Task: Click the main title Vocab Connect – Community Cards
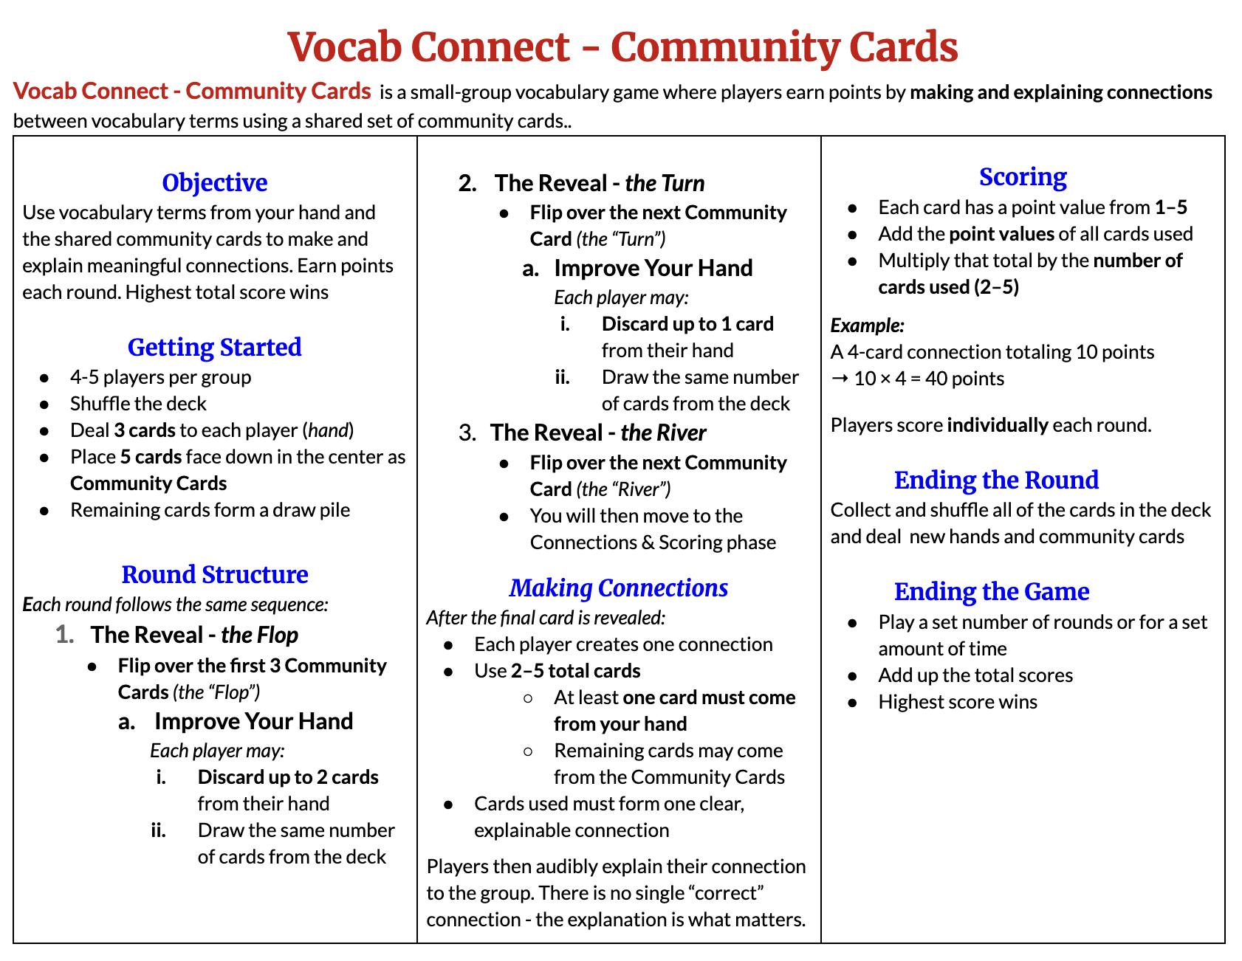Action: pyautogui.click(x=622, y=47)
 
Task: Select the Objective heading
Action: pyautogui.click(x=214, y=182)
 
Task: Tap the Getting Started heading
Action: pyautogui.click(x=214, y=347)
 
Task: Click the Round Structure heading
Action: pyautogui.click(x=214, y=574)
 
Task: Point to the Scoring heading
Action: pyautogui.click(x=1023, y=177)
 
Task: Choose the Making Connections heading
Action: pyautogui.click(x=619, y=588)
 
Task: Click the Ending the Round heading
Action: pyautogui.click(x=996, y=480)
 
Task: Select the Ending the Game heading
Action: pyautogui.click(x=992, y=591)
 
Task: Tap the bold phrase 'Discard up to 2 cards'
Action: pyautogui.click(x=288, y=777)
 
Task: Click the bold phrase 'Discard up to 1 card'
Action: pyautogui.click(x=687, y=324)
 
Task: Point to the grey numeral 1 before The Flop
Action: pyautogui.click(x=64, y=635)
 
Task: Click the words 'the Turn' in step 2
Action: pyautogui.click(x=665, y=183)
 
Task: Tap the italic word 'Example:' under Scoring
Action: pyautogui.click(x=867, y=325)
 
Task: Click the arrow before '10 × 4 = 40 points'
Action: pyautogui.click(x=839, y=379)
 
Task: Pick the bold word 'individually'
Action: pyautogui.click(x=997, y=425)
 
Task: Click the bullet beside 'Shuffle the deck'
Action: pyautogui.click(x=45, y=404)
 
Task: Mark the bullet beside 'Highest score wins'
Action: pyautogui.click(x=853, y=702)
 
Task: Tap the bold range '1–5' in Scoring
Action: pyautogui.click(x=1171, y=207)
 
